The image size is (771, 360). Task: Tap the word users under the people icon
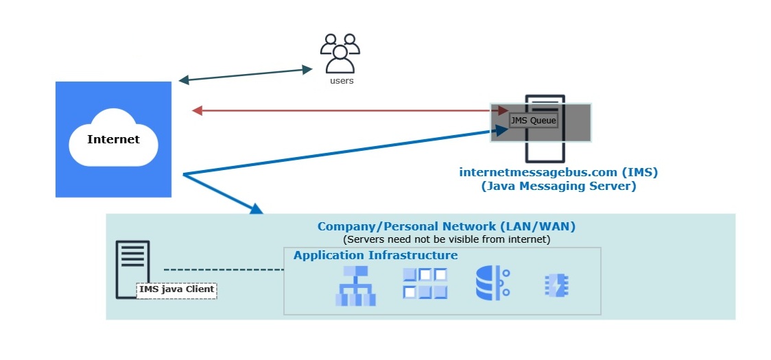click(x=342, y=81)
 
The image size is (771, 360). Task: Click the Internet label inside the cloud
click(x=113, y=140)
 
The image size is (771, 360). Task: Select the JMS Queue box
click(x=533, y=120)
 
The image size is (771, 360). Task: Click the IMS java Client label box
click(x=177, y=290)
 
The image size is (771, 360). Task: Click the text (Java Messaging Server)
click(x=558, y=186)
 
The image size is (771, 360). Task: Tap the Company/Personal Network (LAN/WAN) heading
click(x=447, y=226)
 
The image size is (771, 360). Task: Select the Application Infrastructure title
click(x=376, y=255)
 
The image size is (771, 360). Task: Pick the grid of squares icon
click(x=425, y=283)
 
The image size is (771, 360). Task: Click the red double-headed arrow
click(x=343, y=110)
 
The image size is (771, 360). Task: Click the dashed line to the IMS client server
click(x=223, y=269)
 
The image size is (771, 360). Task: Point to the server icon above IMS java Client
click(x=132, y=264)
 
